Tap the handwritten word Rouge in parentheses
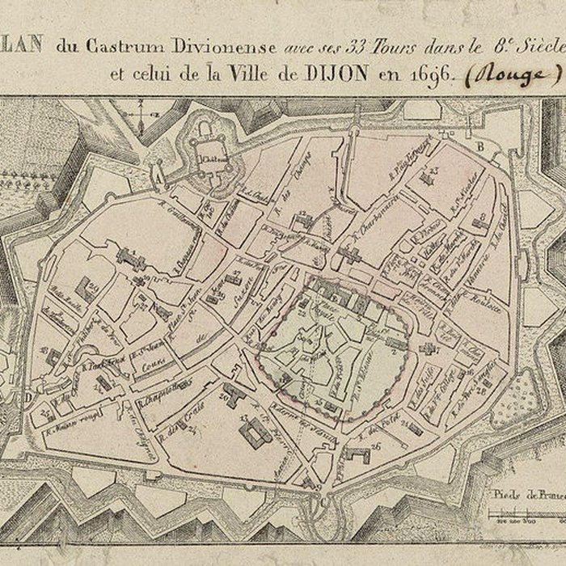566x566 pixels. pyautogui.click(x=516, y=74)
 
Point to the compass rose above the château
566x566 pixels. pyautogui.click(x=146, y=113)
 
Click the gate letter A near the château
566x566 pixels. pyautogui.click(x=158, y=172)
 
